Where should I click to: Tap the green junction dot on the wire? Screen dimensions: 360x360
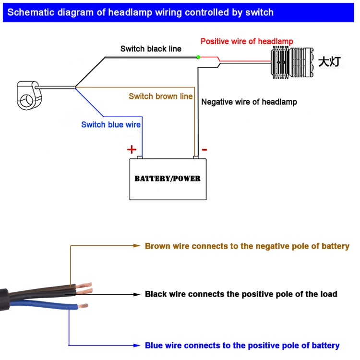[198, 57]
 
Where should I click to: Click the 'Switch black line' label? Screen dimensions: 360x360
[151, 48]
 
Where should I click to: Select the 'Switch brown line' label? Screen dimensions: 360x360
[161, 96]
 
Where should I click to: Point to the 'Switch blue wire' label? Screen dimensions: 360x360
[111, 125]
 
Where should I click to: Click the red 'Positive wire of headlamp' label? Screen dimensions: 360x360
[247, 41]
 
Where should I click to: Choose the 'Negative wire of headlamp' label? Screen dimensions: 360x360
[249, 102]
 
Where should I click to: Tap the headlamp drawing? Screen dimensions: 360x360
[290, 62]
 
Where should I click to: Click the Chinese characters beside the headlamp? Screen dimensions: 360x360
[329, 62]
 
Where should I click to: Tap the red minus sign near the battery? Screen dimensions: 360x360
[204, 150]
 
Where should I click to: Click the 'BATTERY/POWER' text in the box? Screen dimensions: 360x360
[168, 179]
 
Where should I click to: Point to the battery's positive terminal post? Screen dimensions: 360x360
[140, 157]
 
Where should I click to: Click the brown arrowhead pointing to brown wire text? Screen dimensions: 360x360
[136, 246]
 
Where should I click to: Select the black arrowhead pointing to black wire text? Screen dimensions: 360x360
[136, 294]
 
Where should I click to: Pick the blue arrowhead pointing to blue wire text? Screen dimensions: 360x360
[136, 345]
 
